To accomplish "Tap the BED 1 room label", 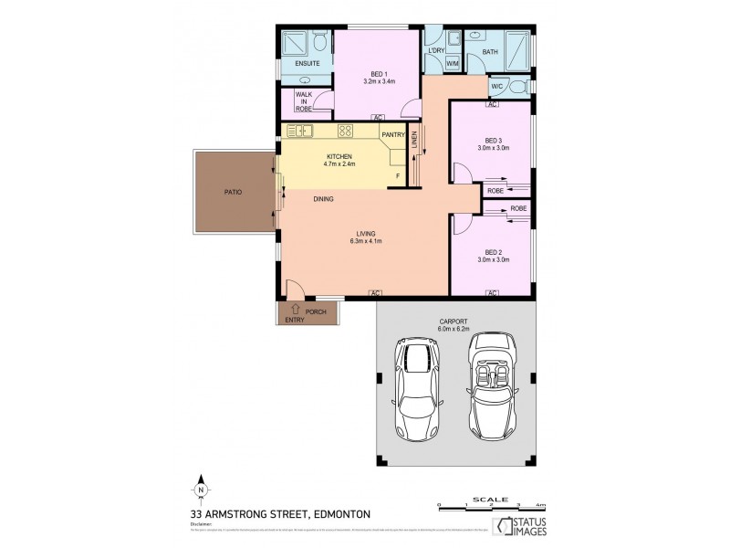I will point(379,73).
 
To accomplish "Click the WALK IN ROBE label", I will point(304,101).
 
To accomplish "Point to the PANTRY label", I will point(393,134).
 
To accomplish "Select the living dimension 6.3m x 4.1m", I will point(365,241).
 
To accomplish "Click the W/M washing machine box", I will point(453,63).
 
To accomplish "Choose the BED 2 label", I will point(493,252).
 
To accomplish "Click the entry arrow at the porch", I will point(295,311).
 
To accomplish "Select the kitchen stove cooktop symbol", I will point(346,131).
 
